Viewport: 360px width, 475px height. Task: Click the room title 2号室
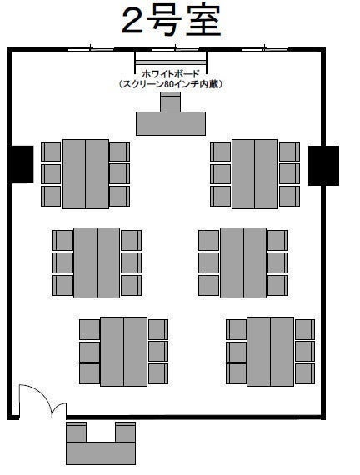172,21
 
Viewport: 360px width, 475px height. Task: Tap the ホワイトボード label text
171,73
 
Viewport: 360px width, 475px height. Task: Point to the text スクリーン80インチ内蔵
171,84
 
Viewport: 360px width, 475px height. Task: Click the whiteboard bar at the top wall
171,62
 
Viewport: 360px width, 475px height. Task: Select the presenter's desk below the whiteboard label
171,123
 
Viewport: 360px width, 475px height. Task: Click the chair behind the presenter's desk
170,102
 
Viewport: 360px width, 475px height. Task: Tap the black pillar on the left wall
22,164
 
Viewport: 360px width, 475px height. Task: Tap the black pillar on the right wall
323,165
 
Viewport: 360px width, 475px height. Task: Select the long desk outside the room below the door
101,452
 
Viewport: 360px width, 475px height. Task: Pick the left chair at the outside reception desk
77,432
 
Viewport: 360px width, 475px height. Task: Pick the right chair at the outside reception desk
126,432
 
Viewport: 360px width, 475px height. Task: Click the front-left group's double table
86,174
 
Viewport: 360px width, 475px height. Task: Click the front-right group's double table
255,174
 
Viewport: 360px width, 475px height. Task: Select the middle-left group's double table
97,262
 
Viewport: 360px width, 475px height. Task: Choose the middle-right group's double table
243,262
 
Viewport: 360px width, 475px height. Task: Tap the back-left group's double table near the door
123,352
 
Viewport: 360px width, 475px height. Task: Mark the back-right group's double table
270,352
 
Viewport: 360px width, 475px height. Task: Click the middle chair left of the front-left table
51,174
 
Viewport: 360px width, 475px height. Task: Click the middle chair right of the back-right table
305,352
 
